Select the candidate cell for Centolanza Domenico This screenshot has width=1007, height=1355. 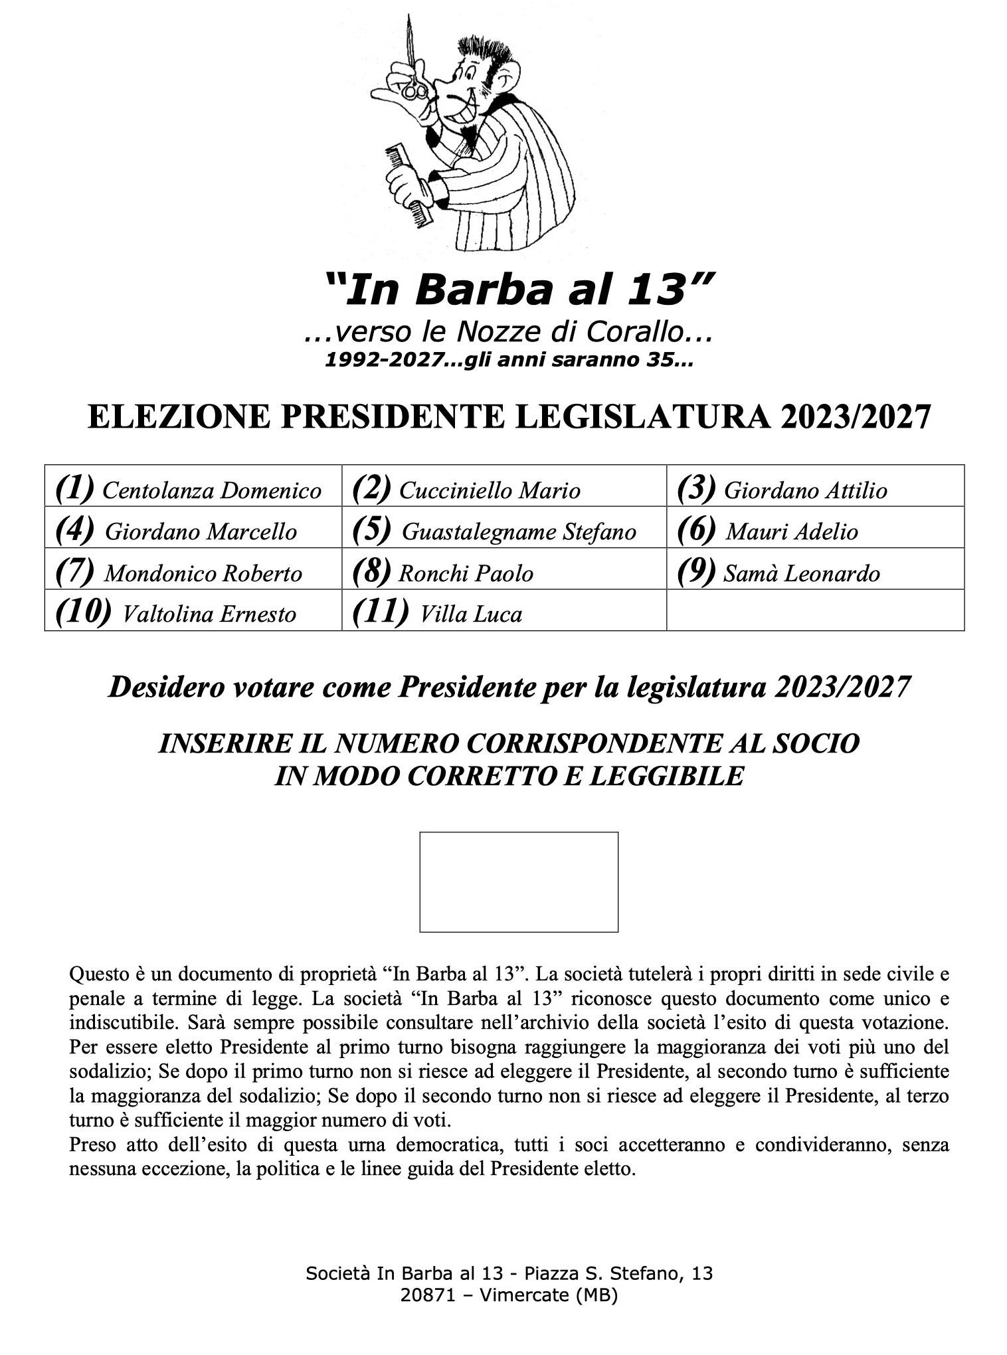193,490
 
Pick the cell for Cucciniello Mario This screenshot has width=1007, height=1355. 503,490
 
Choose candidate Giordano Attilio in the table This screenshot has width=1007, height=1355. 814,490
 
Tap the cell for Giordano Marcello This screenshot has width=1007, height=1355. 193,531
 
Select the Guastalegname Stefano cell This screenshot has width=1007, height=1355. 503,531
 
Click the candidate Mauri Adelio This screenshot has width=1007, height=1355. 814,531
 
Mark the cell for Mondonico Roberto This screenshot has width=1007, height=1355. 193,573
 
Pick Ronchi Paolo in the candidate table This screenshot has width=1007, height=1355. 503,573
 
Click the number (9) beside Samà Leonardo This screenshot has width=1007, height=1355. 695,571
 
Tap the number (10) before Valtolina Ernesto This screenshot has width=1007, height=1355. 83,612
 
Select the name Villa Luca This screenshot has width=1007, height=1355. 471,614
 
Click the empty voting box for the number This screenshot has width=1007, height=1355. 519,881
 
